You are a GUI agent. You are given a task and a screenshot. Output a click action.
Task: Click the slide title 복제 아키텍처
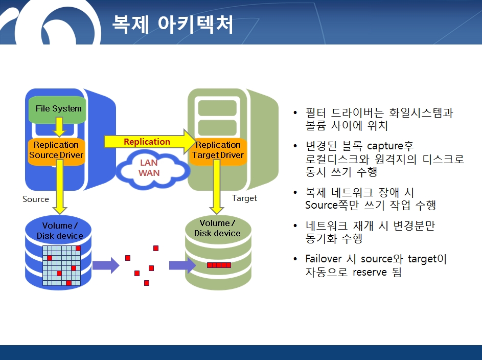172,24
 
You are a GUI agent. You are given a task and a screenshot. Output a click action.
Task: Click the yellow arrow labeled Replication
150,142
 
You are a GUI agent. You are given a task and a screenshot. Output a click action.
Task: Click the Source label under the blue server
36,199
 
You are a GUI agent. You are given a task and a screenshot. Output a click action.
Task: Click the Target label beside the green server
244,198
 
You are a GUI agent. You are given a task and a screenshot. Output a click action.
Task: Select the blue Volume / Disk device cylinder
58,253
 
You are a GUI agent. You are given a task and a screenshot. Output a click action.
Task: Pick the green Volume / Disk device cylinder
218,253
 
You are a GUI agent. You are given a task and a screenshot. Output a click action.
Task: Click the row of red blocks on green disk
219,265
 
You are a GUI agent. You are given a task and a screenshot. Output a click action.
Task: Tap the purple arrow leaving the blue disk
106,265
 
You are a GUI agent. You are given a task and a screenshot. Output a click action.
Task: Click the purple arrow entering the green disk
182,265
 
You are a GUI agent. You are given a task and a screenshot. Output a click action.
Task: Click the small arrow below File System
59,127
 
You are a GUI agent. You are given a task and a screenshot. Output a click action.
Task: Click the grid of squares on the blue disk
61,265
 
